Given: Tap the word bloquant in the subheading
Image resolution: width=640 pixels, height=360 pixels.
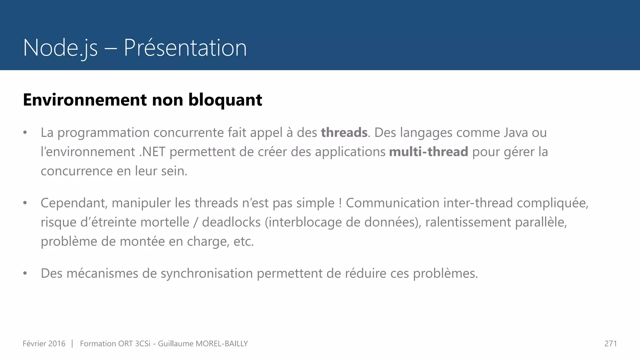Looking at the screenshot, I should pyautogui.click(x=225, y=100).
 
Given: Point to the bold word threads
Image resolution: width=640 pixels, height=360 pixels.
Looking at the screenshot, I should pyautogui.click(x=344, y=132).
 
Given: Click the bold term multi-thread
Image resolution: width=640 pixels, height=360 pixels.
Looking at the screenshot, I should pyautogui.click(x=428, y=152).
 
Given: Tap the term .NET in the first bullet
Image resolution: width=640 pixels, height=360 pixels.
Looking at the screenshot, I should pyautogui.click(x=152, y=152).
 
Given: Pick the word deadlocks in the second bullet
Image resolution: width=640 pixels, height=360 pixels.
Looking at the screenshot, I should pyautogui.click(x=231, y=222).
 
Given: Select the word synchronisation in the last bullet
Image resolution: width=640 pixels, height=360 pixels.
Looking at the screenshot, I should pyautogui.click(x=207, y=273).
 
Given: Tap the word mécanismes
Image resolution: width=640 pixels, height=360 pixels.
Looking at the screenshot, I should pyautogui.click(x=102, y=273).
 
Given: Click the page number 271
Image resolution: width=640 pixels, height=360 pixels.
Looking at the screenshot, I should pyautogui.click(x=611, y=344).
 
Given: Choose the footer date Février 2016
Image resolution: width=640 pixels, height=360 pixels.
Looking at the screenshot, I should pyautogui.click(x=44, y=344).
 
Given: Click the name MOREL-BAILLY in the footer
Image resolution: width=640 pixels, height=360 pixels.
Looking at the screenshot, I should pyautogui.click(x=222, y=344).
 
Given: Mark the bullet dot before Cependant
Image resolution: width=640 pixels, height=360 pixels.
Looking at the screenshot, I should pyautogui.click(x=25, y=203).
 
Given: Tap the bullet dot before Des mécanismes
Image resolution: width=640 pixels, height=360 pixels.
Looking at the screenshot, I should pyautogui.click(x=25, y=273).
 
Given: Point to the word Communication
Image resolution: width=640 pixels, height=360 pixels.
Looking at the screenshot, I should pyautogui.click(x=392, y=203).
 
